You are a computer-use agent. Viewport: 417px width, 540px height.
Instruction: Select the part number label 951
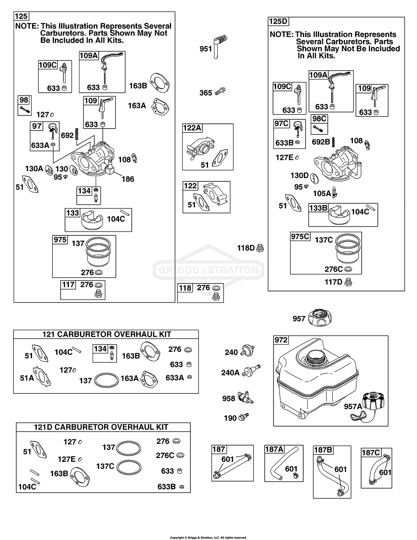click(x=205, y=49)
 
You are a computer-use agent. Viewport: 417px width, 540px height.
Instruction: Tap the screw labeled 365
click(x=220, y=92)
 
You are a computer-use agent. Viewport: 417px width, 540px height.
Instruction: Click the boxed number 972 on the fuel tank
click(x=280, y=340)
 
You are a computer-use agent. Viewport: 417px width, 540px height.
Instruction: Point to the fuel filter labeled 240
click(x=248, y=351)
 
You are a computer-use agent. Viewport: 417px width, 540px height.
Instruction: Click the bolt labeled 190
click(x=244, y=418)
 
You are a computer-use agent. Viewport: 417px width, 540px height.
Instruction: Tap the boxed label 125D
click(x=278, y=21)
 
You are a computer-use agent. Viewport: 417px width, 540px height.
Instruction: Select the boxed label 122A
click(x=192, y=128)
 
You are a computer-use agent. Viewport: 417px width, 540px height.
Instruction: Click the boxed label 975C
click(x=301, y=236)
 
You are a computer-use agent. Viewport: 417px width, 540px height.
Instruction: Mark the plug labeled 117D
click(x=349, y=281)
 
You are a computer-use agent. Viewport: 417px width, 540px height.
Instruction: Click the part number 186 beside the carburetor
click(x=128, y=179)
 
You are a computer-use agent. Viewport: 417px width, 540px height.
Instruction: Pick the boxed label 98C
click(x=319, y=119)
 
